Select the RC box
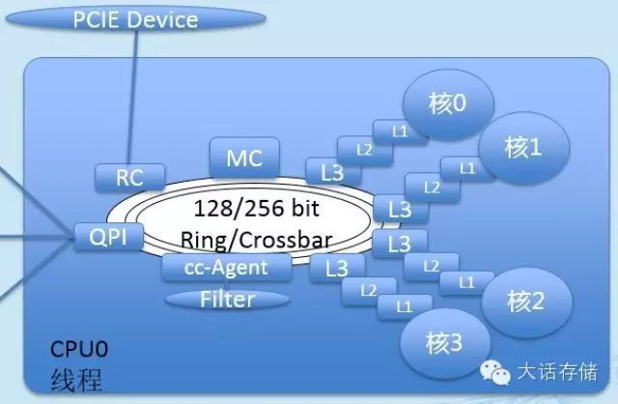pos(128,177)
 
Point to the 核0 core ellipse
pos(450,103)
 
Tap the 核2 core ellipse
pos(522,302)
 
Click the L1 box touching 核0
pos(398,129)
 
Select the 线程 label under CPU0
pos(74,378)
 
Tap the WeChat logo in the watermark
pos(495,373)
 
